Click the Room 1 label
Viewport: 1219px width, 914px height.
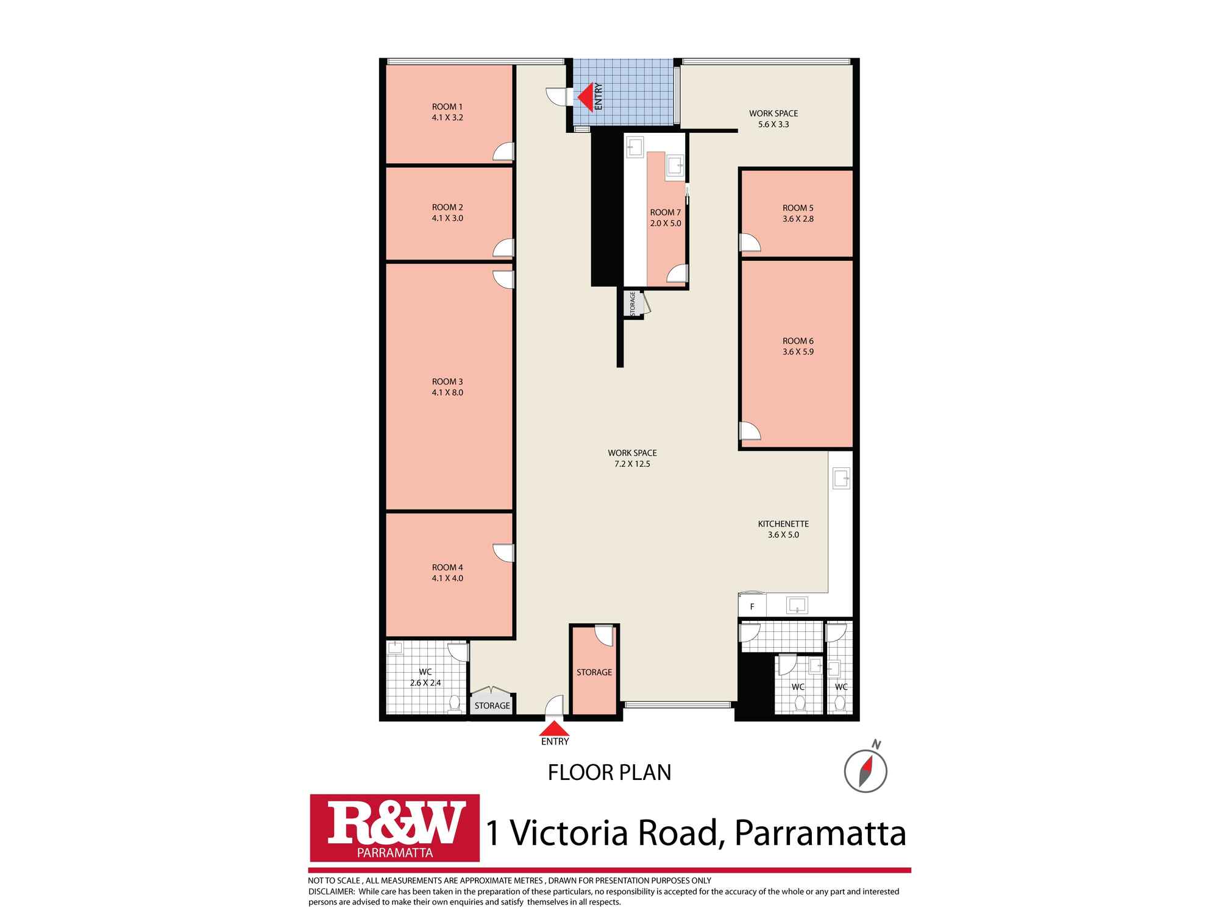tap(447, 107)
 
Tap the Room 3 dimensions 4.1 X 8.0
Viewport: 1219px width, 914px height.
tap(447, 392)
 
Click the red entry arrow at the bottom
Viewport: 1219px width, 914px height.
tap(554, 729)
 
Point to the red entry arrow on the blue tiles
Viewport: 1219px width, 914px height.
tap(586, 97)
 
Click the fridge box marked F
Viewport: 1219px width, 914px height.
tap(752, 606)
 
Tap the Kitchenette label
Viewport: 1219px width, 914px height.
tap(783, 523)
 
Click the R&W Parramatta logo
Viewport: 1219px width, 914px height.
tap(394, 827)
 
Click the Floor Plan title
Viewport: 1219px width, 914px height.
tap(609, 772)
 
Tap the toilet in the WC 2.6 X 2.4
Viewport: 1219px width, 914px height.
tap(453, 704)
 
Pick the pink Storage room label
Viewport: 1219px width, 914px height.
tap(594, 672)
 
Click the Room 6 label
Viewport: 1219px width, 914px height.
tap(798, 341)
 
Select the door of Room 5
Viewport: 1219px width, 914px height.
tap(750, 243)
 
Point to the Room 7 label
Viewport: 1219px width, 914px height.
tap(665, 212)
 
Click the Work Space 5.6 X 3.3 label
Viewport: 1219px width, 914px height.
tap(773, 113)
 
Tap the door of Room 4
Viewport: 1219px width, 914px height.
tap(504, 552)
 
